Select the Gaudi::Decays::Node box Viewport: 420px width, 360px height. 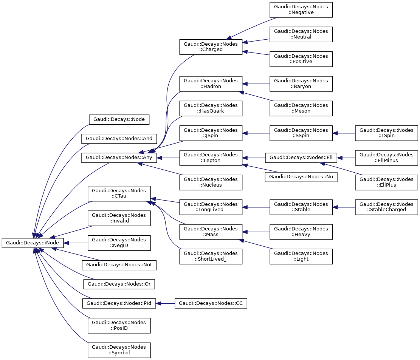pos(119,119)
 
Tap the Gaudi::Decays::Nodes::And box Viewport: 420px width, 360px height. pos(119,139)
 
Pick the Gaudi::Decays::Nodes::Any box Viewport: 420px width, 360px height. pos(119,158)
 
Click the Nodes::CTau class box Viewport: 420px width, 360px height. pos(119,193)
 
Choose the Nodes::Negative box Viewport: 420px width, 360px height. pos(301,9)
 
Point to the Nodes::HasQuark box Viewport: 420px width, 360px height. pos(211,108)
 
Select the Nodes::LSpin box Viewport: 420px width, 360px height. pos(386,133)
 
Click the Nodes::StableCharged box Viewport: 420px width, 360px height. pos(386,207)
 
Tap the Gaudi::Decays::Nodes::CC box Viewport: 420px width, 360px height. pos(211,303)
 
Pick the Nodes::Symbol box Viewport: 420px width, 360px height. pos(119,350)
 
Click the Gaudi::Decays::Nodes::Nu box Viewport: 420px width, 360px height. pos(301,176)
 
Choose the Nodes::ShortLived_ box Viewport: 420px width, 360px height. pos(211,256)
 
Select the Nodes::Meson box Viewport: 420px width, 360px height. pos(301,108)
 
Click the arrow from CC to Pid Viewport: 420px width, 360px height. pos(165,303)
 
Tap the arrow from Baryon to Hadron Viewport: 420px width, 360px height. pos(256,83)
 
